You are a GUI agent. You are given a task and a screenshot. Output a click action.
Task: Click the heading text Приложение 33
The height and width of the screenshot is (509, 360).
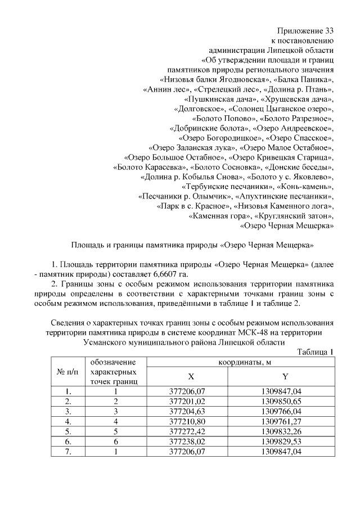click(306, 30)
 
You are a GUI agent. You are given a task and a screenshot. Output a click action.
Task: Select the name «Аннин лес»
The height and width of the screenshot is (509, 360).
click(167, 89)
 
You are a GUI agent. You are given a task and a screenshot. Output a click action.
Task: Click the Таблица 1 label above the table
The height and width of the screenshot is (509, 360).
click(315, 352)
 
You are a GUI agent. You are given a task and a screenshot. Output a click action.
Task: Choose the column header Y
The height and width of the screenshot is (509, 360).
click(285, 376)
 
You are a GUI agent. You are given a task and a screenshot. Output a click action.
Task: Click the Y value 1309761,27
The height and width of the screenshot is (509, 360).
click(285, 421)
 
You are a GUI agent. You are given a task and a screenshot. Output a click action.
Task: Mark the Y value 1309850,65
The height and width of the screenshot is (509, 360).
click(285, 401)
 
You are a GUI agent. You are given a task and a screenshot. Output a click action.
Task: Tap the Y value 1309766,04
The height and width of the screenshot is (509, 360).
click(285, 411)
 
